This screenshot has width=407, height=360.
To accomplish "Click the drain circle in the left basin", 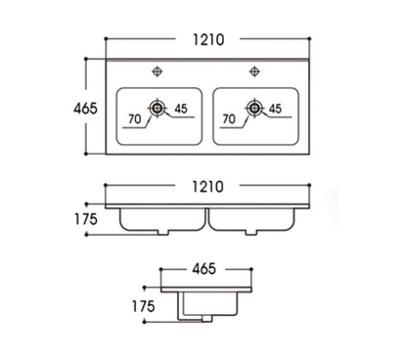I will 157,107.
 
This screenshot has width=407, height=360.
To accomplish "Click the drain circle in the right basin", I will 253,107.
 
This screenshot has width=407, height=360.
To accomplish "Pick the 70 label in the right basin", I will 230,119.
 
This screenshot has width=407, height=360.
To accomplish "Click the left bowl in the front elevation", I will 158,219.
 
